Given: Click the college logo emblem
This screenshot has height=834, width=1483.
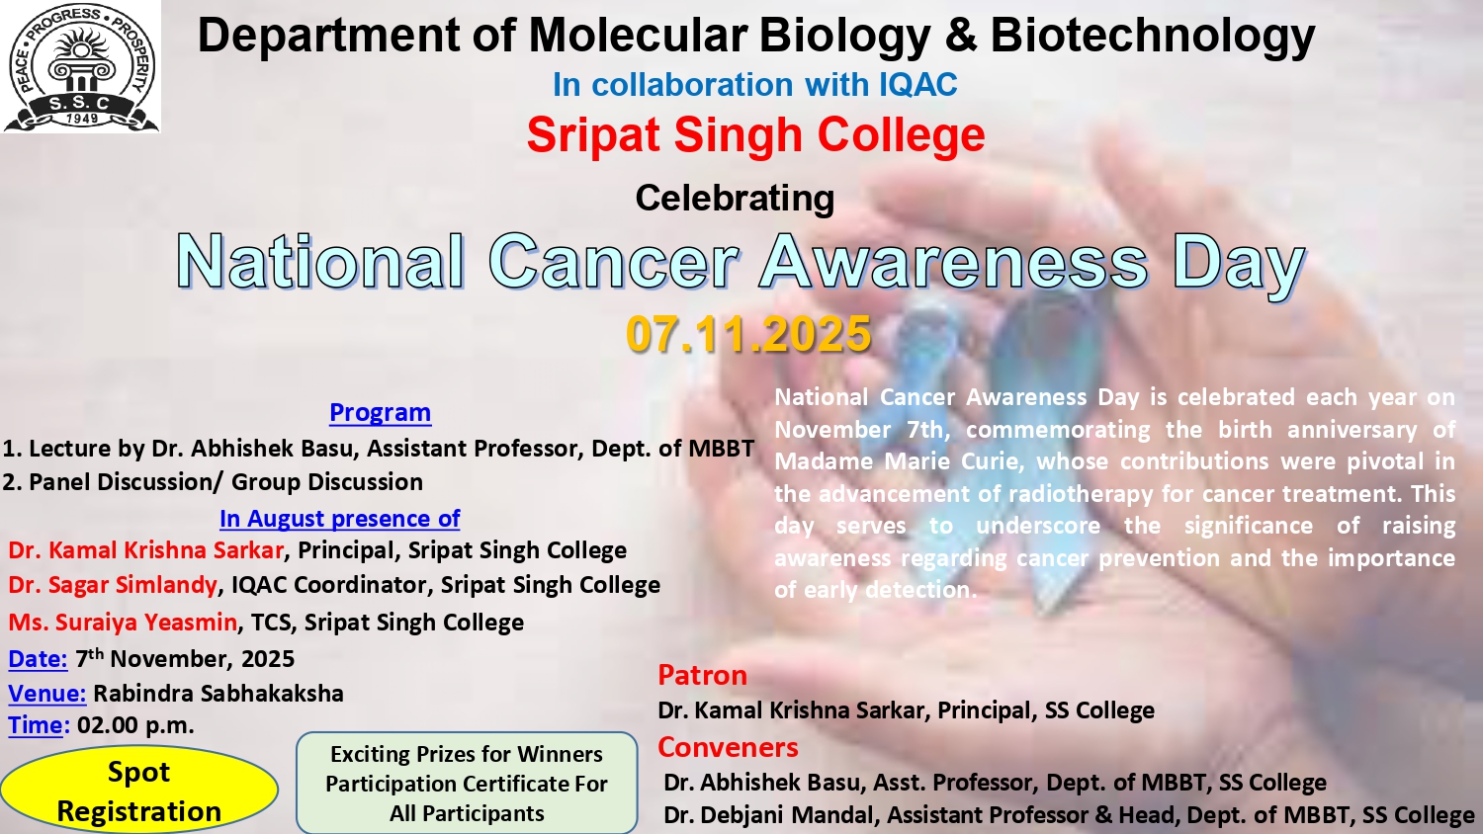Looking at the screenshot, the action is pos(81,66).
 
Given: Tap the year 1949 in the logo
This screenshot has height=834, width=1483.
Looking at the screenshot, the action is pos(82,119).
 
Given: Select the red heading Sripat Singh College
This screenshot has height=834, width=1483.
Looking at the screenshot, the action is pos(755,135).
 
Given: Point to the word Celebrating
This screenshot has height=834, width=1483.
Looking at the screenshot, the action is pos(735,198).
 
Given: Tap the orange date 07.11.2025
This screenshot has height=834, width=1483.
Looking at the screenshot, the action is pos(748,334).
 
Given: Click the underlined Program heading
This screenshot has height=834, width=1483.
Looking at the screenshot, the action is pos(380,412).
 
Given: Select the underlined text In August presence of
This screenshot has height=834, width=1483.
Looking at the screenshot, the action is pos(340,518).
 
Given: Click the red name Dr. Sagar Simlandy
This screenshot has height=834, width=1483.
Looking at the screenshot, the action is pos(113,585).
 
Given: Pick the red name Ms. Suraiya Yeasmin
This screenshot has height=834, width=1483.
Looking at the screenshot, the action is pos(123,623).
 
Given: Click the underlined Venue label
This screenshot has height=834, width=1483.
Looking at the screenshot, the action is pos(47,693).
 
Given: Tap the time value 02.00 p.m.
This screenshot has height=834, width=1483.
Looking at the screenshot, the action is pos(135,725).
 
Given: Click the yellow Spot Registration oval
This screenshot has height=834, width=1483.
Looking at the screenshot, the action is pos(139,791).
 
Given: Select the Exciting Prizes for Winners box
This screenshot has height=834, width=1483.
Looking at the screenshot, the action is pos(467,783).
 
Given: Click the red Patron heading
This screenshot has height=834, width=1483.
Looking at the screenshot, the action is pos(702,675).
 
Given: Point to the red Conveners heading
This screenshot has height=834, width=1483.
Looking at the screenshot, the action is pos(728,747).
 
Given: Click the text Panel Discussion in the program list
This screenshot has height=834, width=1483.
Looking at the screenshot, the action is pos(122,482).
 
